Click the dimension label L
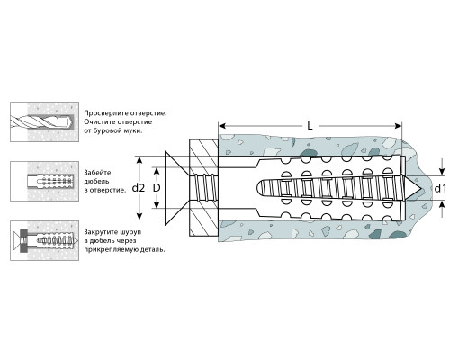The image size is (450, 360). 310,126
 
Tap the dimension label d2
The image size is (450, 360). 139,188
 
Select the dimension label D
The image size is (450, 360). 157,188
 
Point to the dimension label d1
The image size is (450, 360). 440,189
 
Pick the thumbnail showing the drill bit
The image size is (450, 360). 45,121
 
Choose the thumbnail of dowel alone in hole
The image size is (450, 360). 45,181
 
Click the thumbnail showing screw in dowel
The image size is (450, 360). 45,240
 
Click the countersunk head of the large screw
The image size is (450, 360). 176,188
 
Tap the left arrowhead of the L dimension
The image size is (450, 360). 222,126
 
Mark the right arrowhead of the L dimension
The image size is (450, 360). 399,126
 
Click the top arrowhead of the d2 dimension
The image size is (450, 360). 139,160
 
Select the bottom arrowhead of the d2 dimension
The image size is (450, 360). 139,216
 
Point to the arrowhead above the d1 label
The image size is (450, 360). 442,172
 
